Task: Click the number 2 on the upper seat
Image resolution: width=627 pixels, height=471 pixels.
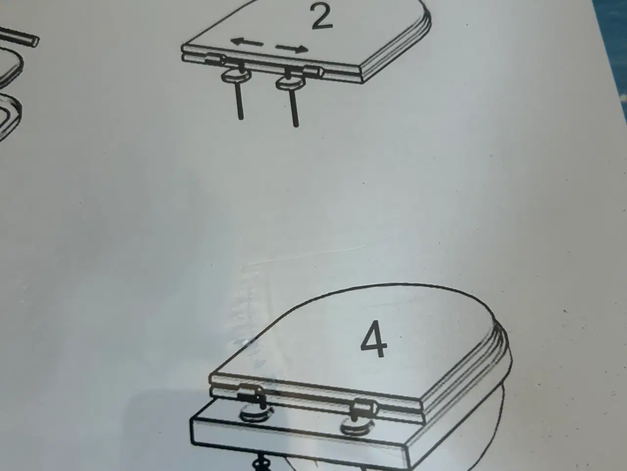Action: click(322, 17)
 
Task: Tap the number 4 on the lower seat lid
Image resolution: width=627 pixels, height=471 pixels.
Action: click(374, 339)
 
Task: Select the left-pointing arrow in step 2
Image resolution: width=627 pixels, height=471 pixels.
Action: click(247, 43)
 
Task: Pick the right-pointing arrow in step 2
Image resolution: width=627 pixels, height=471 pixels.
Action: click(292, 49)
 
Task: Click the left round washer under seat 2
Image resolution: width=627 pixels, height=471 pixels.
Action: click(236, 77)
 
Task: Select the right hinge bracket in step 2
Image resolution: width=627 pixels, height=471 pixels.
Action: click(313, 72)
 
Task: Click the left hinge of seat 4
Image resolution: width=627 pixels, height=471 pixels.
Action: click(252, 395)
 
